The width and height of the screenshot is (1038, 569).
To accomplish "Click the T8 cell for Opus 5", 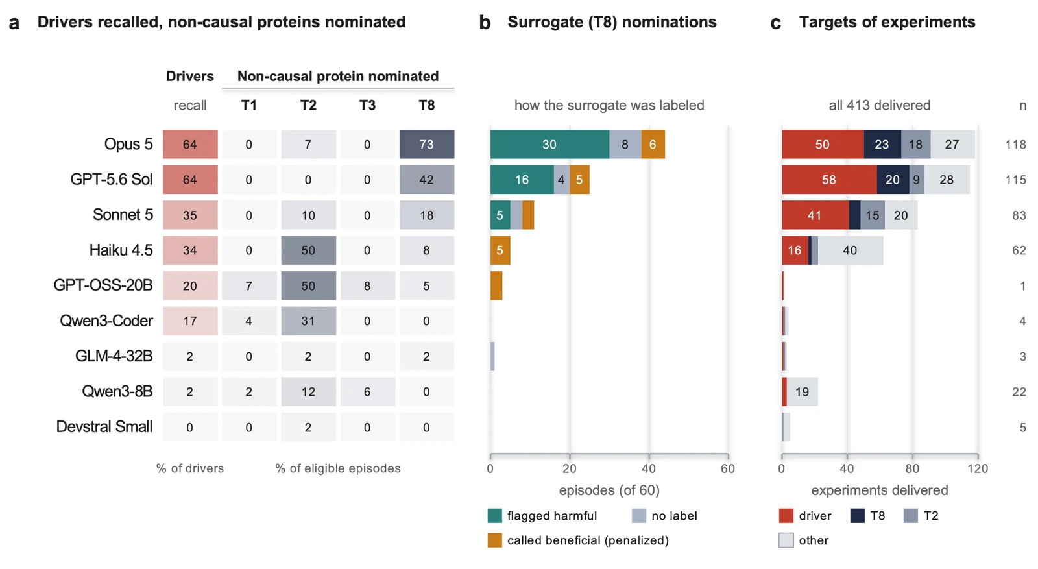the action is (427, 144).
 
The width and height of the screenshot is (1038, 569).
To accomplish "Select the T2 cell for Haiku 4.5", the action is (308, 250).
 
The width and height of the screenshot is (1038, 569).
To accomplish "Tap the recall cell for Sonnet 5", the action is (190, 215).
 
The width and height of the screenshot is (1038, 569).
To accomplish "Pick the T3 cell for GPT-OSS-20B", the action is (367, 285).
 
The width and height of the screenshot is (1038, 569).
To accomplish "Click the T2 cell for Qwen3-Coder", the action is (308, 321).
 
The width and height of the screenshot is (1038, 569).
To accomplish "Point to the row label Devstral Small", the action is (104, 427).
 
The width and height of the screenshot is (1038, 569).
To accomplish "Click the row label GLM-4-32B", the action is (114, 356).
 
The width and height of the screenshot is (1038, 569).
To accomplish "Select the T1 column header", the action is (249, 105).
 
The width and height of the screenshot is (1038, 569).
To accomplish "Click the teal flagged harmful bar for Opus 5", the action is (549, 144).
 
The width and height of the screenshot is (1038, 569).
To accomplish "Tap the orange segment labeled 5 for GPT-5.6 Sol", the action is (580, 179).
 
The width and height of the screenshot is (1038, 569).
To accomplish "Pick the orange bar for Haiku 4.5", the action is (500, 250).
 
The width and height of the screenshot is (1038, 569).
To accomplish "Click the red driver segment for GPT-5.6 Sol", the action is (829, 179).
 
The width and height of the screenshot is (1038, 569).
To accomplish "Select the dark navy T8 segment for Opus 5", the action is (882, 144).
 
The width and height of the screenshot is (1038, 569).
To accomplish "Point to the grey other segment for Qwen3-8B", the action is (802, 391).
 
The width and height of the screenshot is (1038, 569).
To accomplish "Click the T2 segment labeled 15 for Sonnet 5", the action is (873, 215).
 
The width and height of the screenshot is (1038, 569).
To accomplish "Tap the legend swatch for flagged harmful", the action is (495, 516).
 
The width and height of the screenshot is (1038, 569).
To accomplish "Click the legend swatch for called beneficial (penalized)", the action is (495, 540).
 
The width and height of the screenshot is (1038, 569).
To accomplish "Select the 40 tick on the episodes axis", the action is (649, 468).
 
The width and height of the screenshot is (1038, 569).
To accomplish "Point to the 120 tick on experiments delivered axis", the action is (978, 468).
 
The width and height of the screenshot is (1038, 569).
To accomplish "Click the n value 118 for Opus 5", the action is (1015, 145).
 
